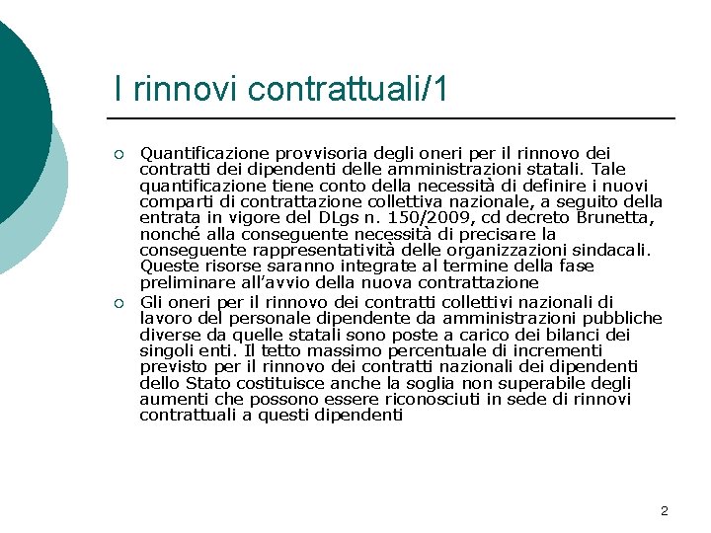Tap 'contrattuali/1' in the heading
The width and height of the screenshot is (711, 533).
349,90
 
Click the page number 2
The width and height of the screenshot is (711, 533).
664,510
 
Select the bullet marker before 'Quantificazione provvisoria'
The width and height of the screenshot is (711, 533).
118,154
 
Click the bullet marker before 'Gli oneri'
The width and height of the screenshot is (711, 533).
118,302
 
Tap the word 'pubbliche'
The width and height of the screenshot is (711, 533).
623,318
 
